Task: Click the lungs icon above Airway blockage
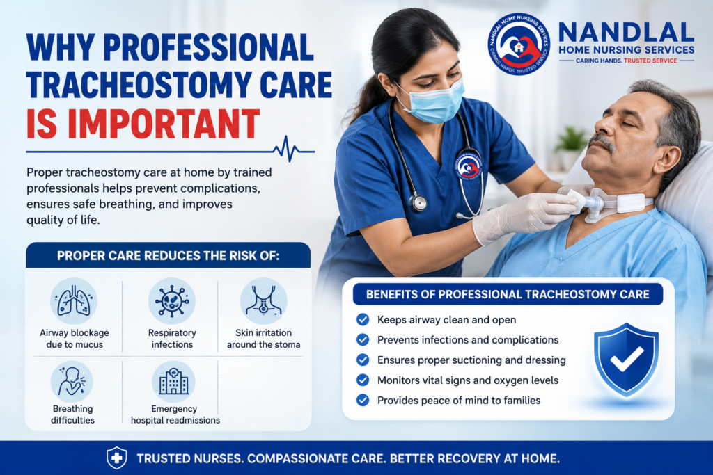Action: pos(74,300)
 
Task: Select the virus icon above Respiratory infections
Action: pos(172,300)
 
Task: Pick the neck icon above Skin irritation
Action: pos(263,300)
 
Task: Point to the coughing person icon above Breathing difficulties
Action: pos(72,381)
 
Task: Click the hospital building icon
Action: pos(173,381)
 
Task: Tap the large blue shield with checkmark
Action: pos(626,359)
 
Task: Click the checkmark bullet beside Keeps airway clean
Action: pos(363,320)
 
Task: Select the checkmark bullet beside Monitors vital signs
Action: pos(363,380)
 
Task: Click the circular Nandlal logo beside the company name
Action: pos(519,44)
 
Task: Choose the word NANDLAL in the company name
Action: pos(626,33)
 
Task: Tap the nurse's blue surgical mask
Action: pos(433,102)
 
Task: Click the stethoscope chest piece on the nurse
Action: pos(418,202)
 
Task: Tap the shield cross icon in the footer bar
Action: pos(116,458)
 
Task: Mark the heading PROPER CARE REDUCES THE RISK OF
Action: pos(169,256)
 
